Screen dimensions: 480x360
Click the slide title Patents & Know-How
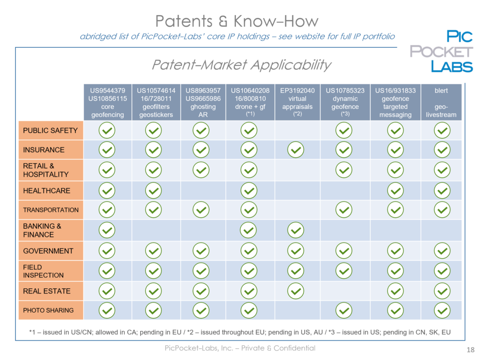(x=237, y=21)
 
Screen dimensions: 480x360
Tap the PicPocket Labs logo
(x=442, y=51)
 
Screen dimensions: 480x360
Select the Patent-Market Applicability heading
(x=241, y=65)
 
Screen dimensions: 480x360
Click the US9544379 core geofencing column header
(x=108, y=102)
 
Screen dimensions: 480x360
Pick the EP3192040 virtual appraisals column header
(x=297, y=102)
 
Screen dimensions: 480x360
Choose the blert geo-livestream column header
(x=441, y=102)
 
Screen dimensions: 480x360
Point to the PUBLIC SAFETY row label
(x=51, y=130)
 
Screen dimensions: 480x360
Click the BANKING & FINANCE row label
(x=51, y=230)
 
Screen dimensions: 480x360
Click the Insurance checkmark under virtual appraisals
(x=296, y=150)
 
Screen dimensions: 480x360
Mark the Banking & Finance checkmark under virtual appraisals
(x=296, y=230)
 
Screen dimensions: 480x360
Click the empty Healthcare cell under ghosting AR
(x=203, y=190)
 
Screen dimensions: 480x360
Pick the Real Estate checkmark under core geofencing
(x=107, y=291)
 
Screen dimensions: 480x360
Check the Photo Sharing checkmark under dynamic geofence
(x=344, y=310)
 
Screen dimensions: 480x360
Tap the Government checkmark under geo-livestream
(x=442, y=251)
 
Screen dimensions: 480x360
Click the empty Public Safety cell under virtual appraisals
(x=297, y=130)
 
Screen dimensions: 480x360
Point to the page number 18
(x=471, y=350)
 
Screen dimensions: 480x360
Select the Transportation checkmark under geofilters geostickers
(x=153, y=210)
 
